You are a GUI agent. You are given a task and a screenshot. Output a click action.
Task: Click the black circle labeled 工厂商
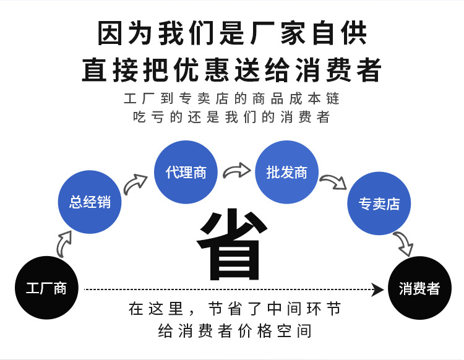pos(46,288)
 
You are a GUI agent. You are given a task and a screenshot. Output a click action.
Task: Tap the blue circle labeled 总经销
pos(90,202)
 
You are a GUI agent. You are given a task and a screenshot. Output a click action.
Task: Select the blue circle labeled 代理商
pos(186,172)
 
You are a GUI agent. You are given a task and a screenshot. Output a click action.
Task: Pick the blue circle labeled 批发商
pos(286,172)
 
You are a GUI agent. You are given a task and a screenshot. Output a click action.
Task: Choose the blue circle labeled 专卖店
pos(379,204)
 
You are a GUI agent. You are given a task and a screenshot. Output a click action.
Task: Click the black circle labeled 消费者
pos(419,288)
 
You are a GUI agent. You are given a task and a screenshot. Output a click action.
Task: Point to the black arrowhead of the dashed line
pos(377,289)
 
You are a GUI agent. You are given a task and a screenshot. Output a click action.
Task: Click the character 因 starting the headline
pos(110,33)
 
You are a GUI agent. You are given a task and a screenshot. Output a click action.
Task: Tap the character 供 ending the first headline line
pos(354,33)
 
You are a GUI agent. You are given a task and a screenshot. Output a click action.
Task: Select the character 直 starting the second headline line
pos(94,70)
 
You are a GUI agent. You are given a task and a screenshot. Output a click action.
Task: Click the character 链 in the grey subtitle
pos(333,98)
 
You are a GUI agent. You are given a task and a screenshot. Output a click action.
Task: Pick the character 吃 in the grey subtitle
pos(139,117)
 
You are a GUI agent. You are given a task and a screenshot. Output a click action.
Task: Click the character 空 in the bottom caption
pos(284,331)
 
